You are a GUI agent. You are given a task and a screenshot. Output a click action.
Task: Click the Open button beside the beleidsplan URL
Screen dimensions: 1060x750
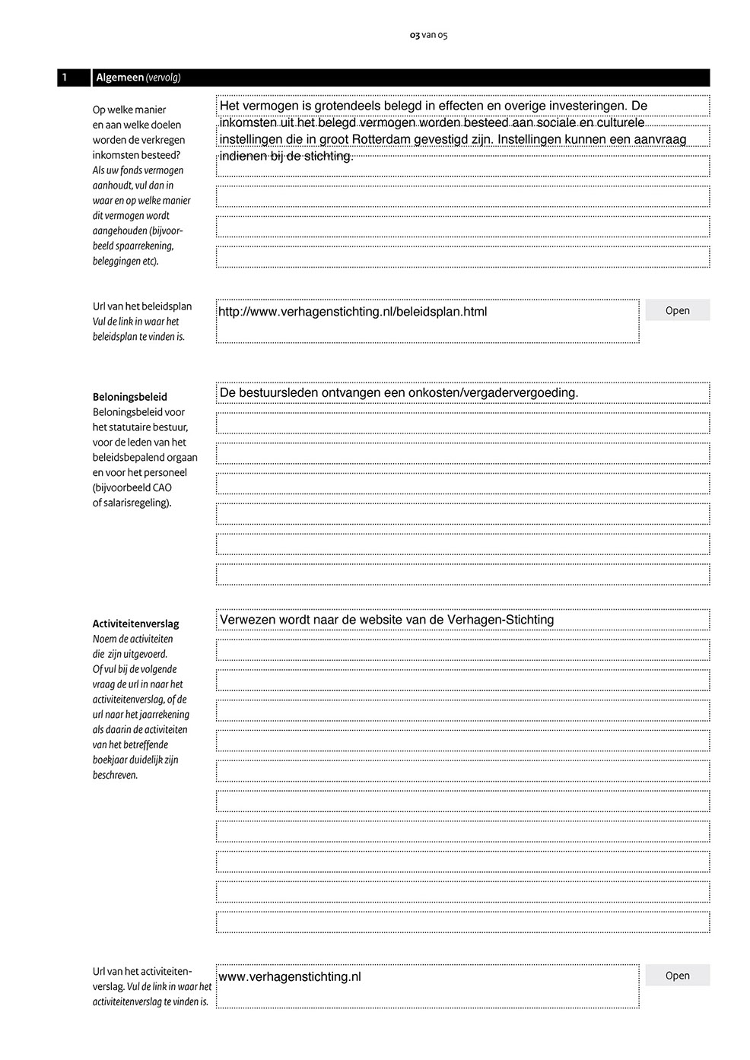(677, 310)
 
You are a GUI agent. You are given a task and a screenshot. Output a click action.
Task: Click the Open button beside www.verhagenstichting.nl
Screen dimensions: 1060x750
(677, 976)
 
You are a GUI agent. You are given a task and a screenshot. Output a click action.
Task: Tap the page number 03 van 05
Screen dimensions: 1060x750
(428, 35)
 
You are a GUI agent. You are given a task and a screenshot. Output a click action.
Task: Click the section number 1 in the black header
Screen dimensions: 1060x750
(65, 78)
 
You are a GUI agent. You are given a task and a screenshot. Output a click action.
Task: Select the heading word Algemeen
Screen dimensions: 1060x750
(119, 78)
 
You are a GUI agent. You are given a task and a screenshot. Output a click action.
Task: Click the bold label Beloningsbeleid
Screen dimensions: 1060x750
(130, 397)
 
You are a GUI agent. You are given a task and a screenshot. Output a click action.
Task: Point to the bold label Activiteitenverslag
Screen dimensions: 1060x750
(135, 624)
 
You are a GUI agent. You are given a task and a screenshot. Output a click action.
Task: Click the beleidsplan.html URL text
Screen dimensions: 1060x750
(352, 312)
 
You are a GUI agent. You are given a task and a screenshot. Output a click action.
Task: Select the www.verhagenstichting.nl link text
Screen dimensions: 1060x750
(289, 976)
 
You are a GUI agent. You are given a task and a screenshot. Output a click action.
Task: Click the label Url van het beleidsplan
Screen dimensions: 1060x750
(142, 306)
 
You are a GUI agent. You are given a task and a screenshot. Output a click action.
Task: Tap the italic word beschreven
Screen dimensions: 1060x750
(115, 776)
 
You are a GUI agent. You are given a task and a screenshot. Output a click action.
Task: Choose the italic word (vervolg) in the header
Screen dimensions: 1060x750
(163, 78)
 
